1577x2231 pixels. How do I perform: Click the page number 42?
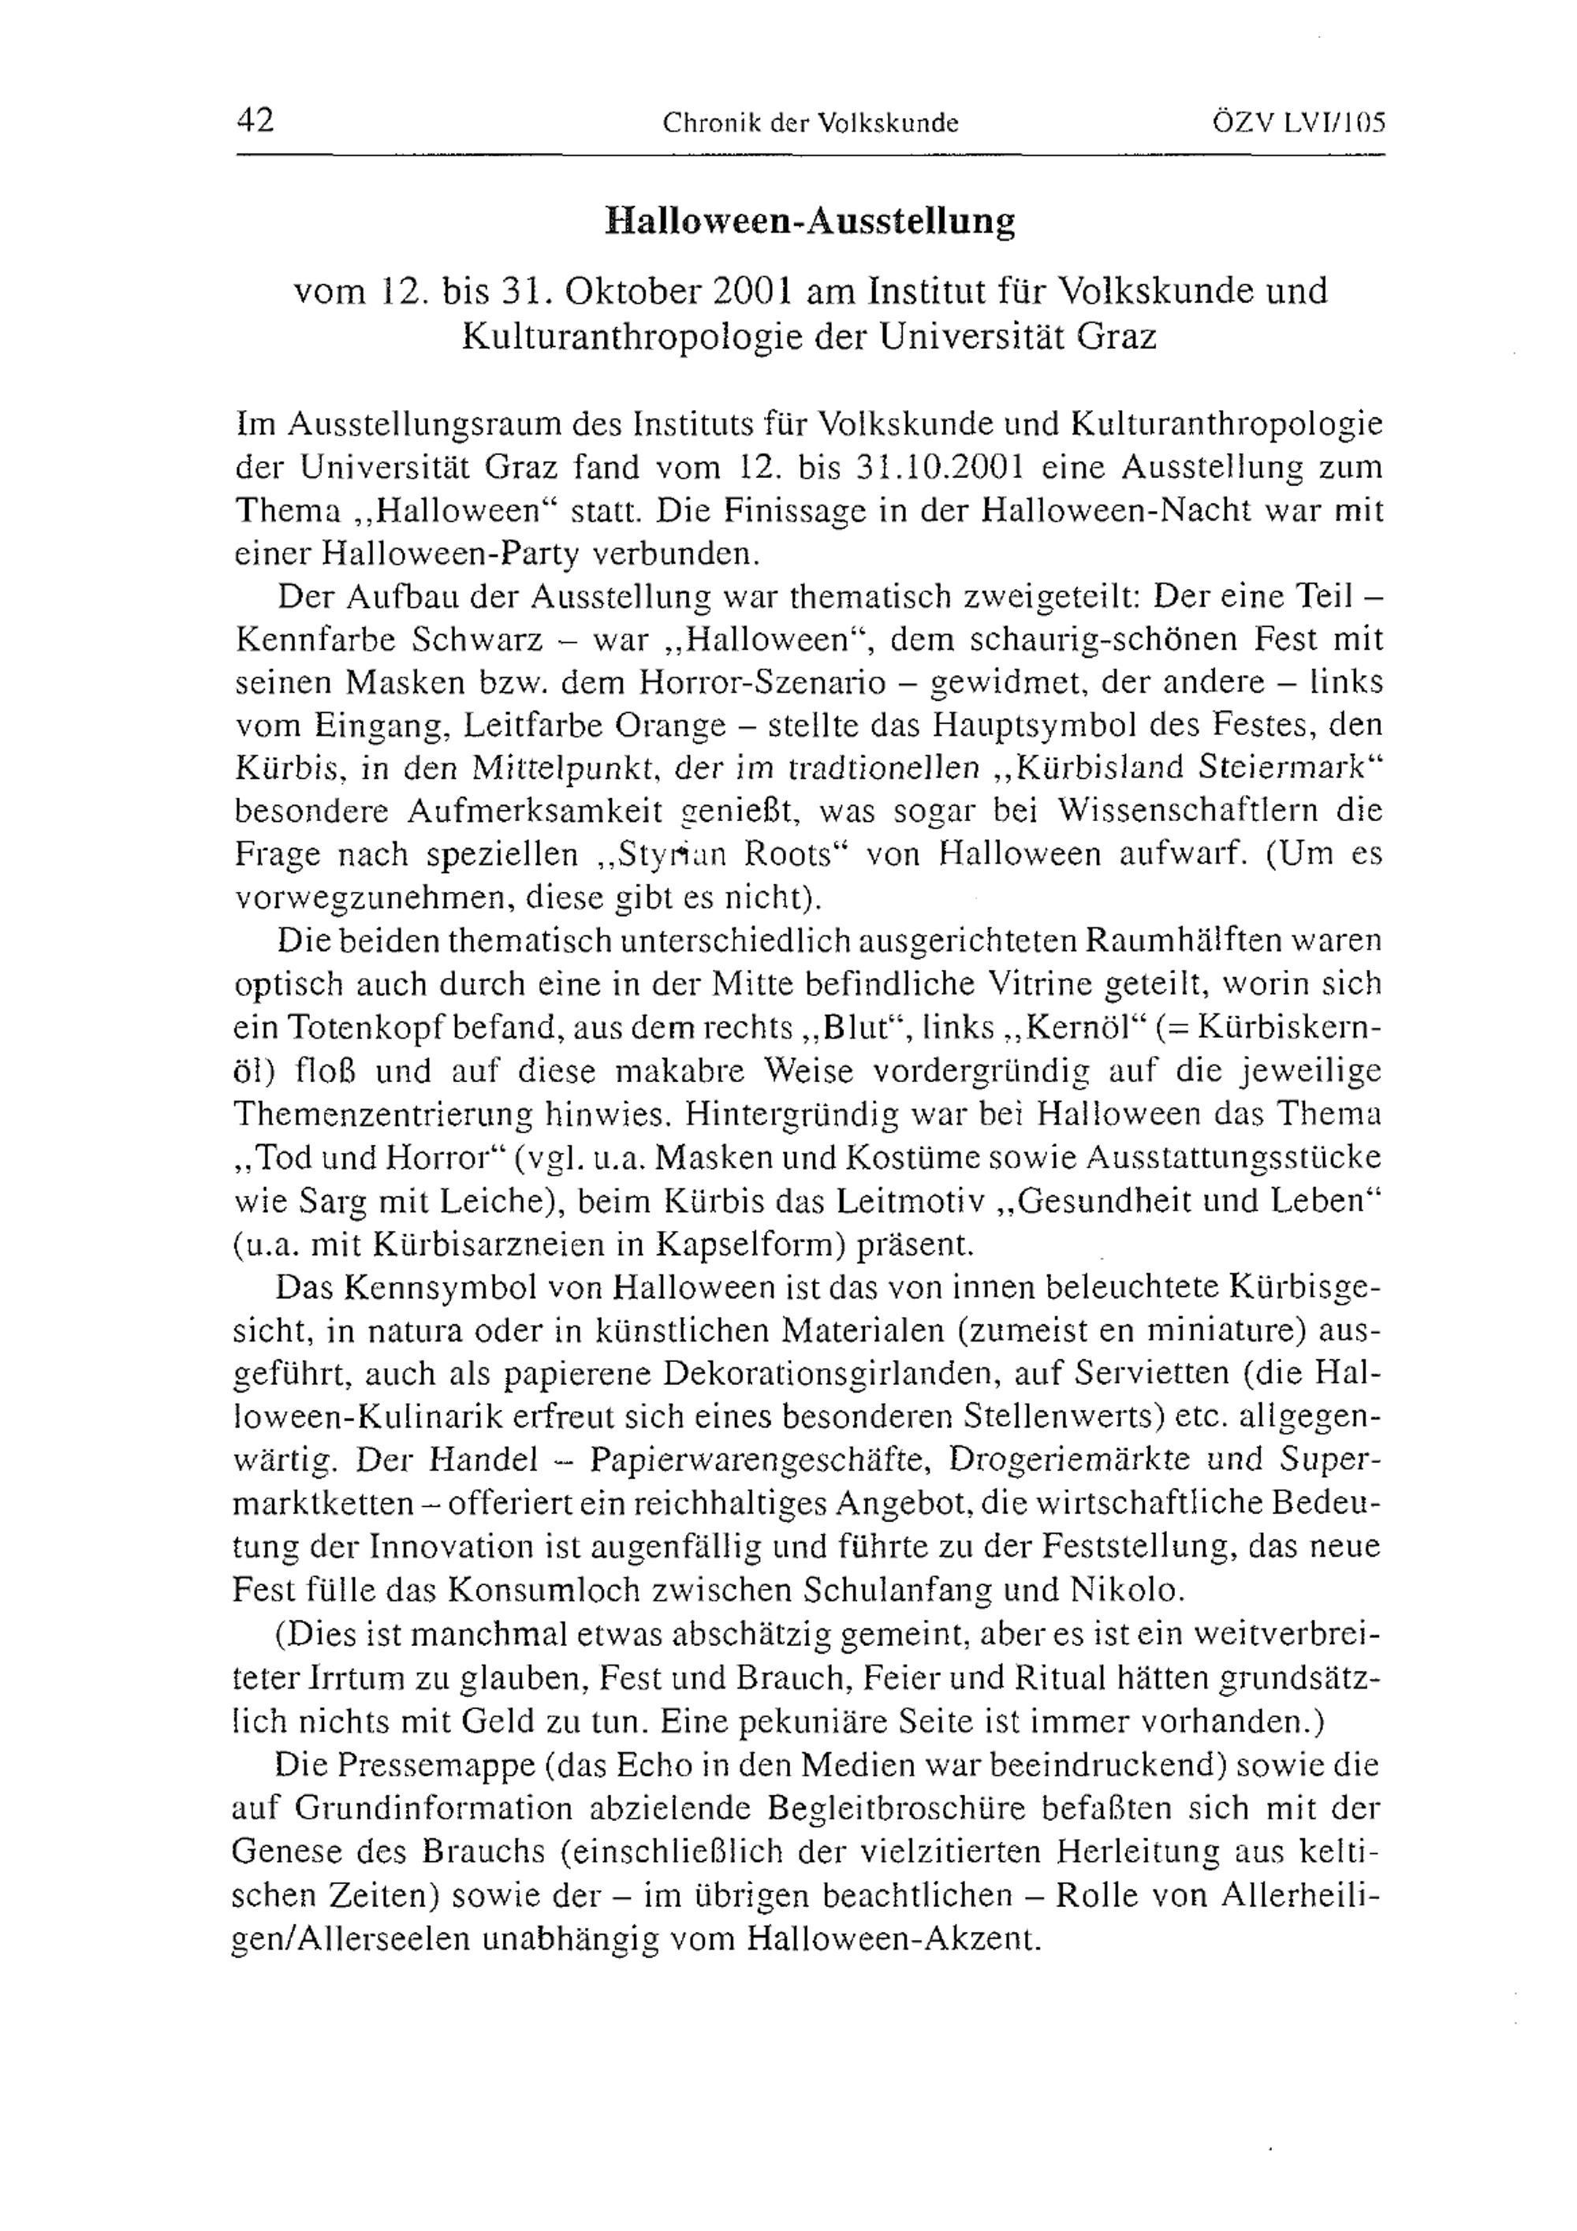[255, 121]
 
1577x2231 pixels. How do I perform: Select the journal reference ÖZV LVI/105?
[1297, 122]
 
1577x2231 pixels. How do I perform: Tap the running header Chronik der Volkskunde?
[811, 123]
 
